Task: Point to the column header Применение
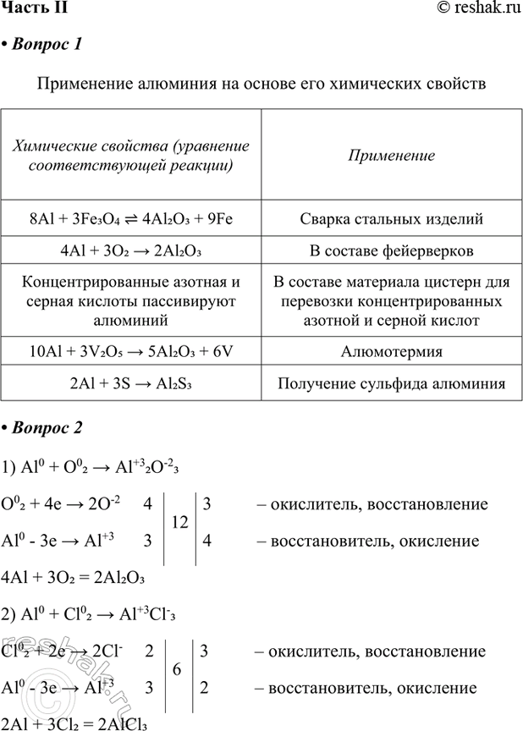391,156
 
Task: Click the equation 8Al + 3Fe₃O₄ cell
130,219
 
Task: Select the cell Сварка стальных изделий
391,219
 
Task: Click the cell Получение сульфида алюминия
391,383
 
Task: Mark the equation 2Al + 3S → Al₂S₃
130,383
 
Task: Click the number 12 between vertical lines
180,523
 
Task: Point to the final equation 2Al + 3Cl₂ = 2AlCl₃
76,722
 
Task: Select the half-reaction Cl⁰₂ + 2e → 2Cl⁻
66,651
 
